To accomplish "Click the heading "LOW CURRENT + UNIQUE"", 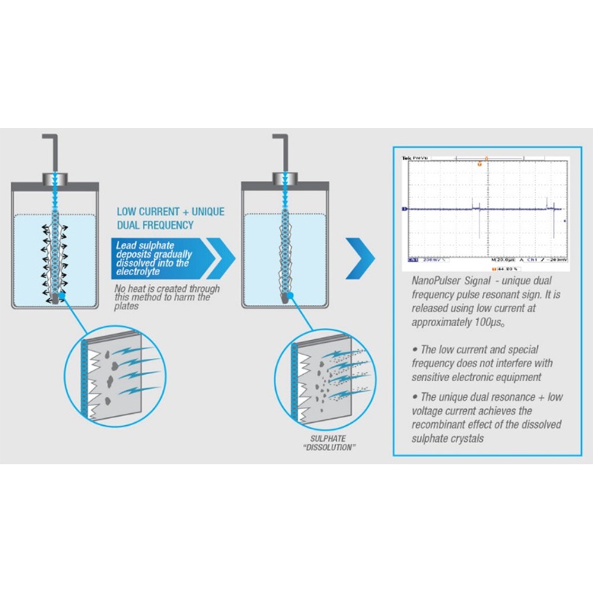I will [170, 212].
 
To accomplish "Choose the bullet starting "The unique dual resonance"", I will [486, 417].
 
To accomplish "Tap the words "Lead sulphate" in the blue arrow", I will [143, 245].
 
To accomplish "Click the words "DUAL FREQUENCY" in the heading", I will [155, 225].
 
